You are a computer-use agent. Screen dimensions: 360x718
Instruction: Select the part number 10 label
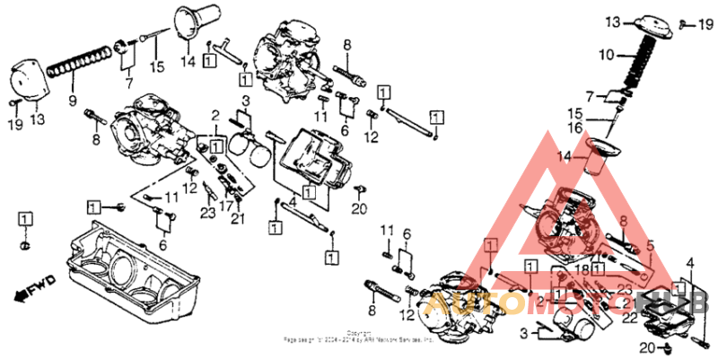click(608, 56)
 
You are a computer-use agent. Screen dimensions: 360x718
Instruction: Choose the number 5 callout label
click(649, 243)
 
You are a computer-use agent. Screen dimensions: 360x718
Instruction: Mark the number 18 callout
click(582, 268)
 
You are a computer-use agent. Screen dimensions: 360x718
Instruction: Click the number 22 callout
click(631, 317)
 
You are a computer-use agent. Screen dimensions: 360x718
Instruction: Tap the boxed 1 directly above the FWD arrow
click(24, 218)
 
